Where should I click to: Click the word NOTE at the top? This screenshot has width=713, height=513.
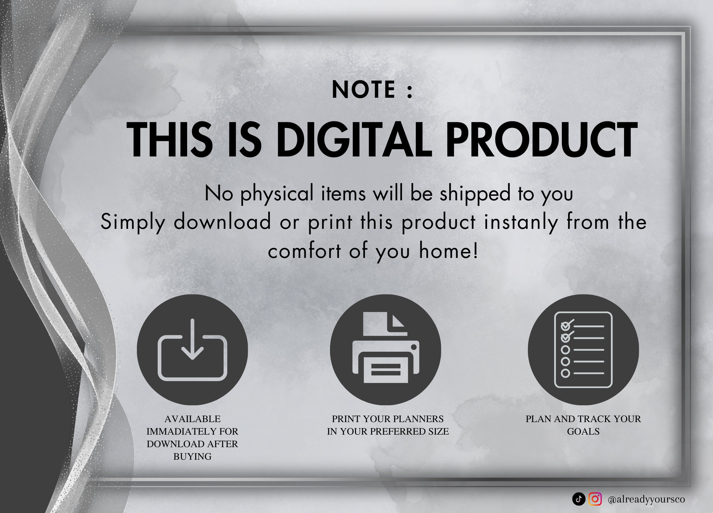click(363, 90)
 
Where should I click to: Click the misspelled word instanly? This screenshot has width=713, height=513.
click(521, 222)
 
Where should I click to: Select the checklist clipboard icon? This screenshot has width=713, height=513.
click(584, 350)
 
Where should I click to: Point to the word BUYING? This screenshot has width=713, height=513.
click(193, 457)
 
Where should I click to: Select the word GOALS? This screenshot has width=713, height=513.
click(583, 431)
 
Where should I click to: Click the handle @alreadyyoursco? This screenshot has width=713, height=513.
click(646, 499)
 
